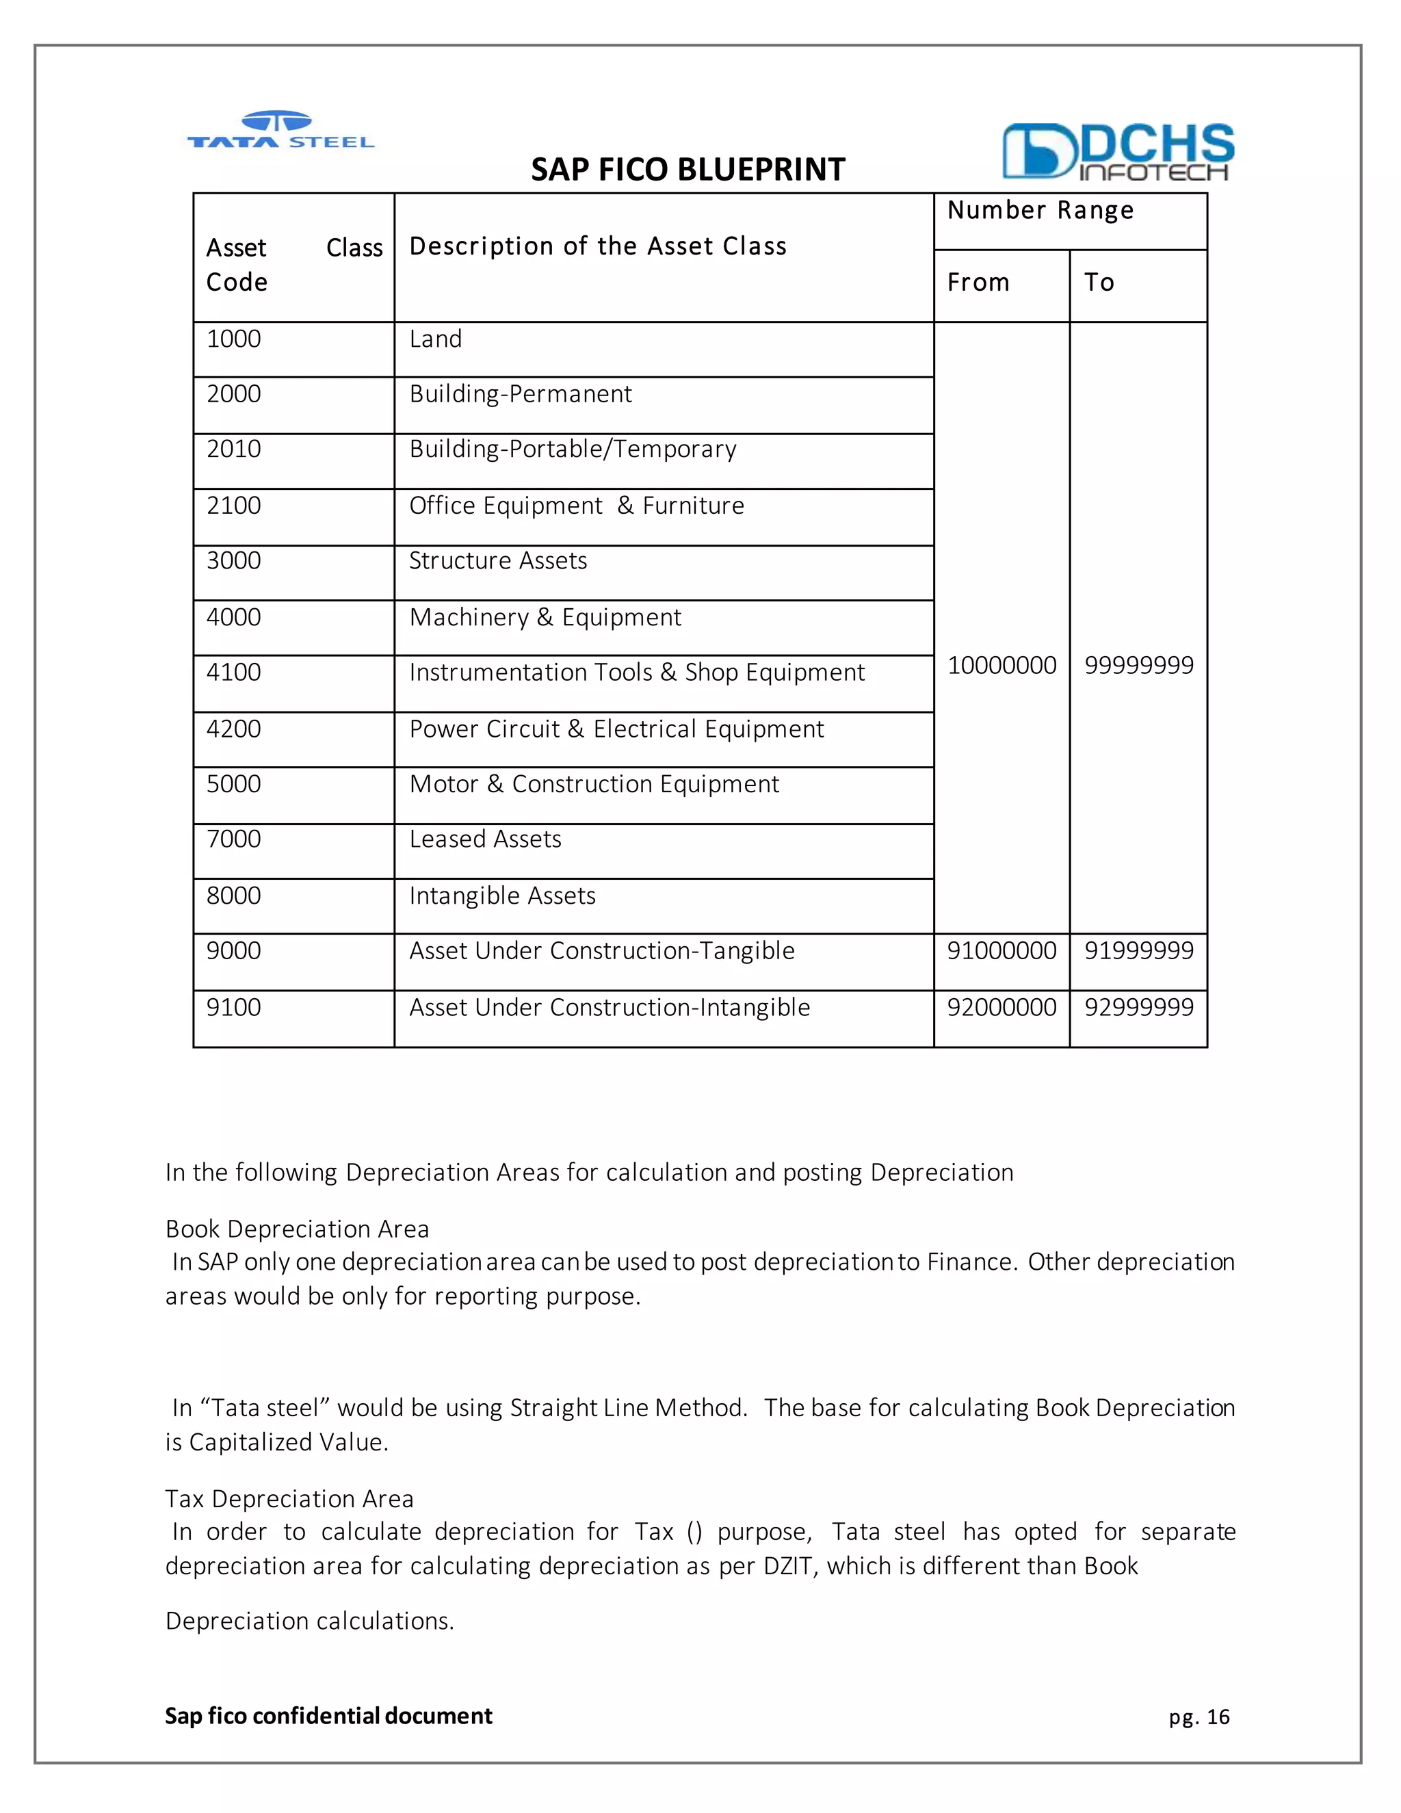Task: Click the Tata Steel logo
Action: (x=280, y=130)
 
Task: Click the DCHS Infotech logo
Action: (x=1117, y=152)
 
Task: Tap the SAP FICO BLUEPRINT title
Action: (x=688, y=170)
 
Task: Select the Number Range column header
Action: (x=1040, y=211)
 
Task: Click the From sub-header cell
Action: (x=978, y=283)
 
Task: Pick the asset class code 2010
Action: (x=234, y=449)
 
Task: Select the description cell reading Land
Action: (x=436, y=339)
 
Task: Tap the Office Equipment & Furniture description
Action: (x=577, y=506)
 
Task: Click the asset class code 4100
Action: (x=234, y=673)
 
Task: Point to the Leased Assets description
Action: (x=486, y=839)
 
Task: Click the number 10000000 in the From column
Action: (x=1001, y=665)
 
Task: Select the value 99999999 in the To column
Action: (x=1139, y=665)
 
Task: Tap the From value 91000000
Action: (x=1001, y=950)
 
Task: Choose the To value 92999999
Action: (x=1139, y=1007)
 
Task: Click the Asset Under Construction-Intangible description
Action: (x=610, y=1007)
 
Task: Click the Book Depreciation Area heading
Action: (x=297, y=1229)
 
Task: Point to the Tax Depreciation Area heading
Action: (x=289, y=1498)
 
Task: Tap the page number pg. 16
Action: (x=1199, y=1717)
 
